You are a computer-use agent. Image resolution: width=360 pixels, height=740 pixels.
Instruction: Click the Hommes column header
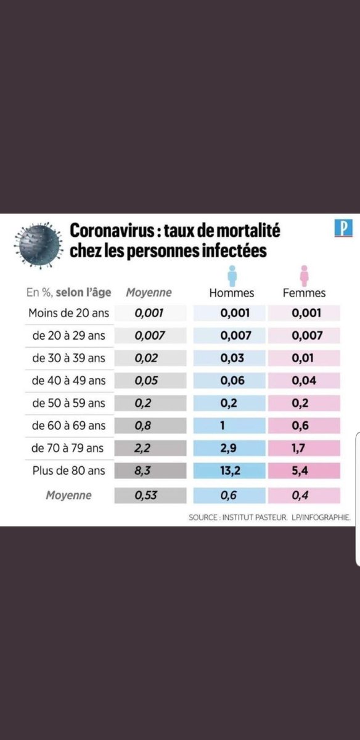(232, 293)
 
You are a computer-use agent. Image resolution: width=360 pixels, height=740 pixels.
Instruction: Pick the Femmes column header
(304, 293)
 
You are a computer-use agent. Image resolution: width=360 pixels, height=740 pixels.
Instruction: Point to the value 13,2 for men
(232, 471)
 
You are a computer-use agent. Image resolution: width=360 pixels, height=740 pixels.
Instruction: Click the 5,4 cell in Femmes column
(304, 471)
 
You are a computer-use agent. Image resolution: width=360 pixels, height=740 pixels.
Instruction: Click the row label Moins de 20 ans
(68, 313)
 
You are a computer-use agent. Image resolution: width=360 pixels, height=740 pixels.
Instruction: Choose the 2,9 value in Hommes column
(232, 448)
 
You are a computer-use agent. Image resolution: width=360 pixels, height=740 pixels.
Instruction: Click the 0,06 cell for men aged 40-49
(232, 380)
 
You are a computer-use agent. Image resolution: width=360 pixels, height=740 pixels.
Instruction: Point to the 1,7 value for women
(304, 448)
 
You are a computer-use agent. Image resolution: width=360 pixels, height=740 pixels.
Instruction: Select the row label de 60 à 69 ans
(68, 425)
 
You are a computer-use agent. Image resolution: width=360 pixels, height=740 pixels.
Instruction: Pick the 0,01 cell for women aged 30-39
(304, 358)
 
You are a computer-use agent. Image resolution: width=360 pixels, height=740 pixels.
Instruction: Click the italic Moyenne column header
(149, 293)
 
